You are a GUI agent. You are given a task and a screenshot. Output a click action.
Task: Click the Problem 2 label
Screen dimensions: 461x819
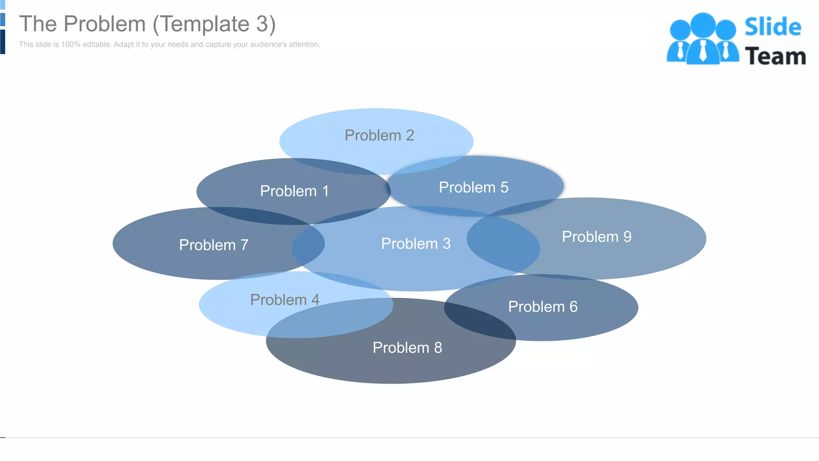coord(379,135)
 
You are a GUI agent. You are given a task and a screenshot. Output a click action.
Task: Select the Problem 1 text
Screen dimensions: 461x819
coord(294,191)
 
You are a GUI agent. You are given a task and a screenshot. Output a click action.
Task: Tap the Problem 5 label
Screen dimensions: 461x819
coord(473,187)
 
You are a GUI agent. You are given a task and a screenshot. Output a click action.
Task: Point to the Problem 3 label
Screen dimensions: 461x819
coord(416,244)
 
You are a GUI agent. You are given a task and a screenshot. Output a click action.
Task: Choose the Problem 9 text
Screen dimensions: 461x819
coord(597,237)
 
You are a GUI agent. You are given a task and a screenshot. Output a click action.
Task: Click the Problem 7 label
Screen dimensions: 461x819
coord(214,245)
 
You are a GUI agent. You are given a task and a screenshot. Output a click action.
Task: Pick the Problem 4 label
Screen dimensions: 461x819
coord(285,300)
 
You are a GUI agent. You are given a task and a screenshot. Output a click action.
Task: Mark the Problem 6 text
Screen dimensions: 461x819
coord(543,307)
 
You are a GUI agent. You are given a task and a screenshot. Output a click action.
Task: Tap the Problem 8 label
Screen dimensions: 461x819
coord(407,347)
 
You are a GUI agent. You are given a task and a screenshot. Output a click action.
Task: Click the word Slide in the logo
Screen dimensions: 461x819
coord(773,27)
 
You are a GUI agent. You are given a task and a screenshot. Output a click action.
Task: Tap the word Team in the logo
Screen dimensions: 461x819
coord(775,56)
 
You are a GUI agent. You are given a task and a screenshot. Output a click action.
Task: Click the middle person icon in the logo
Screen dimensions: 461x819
coord(703,38)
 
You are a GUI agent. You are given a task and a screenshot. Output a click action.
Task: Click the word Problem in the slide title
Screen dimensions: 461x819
coord(105,24)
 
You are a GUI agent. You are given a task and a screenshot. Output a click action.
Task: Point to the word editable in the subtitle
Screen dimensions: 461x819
coord(96,44)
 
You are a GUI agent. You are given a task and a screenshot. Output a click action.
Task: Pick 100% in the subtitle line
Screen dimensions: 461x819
coord(71,44)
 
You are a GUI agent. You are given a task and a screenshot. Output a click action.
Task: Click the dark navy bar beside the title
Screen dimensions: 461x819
coord(2,42)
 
